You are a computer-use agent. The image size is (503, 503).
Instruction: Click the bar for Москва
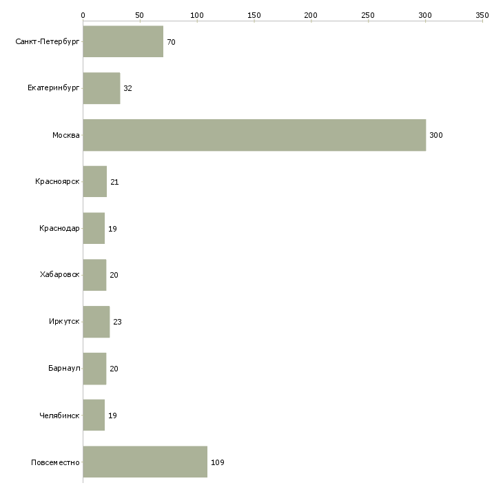254,135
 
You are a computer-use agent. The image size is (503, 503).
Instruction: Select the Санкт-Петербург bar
123,41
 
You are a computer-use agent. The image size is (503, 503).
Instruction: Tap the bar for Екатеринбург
102,88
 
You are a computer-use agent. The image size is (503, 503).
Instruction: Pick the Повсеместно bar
145,462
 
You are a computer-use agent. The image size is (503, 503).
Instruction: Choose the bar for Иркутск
96,322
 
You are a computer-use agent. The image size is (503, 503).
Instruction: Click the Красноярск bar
95,182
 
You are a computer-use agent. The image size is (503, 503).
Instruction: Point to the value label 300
436,135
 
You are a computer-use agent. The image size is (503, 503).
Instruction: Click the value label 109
218,462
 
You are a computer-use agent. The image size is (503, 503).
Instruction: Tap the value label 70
171,42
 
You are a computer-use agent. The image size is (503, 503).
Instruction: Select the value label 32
127,88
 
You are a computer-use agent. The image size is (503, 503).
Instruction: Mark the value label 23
117,322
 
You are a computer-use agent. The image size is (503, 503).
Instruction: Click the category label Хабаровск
60,275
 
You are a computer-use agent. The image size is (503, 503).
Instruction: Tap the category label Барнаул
64,368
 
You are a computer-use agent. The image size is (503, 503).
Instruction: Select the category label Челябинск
59,415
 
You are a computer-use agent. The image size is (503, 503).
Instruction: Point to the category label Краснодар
59,228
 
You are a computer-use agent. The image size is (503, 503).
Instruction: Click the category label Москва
65,135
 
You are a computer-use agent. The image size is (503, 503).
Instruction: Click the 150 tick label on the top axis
254,15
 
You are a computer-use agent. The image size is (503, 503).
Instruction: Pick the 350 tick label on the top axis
482,15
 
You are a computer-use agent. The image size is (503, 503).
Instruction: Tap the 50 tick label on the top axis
140,15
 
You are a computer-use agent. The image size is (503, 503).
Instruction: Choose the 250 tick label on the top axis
368,15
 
